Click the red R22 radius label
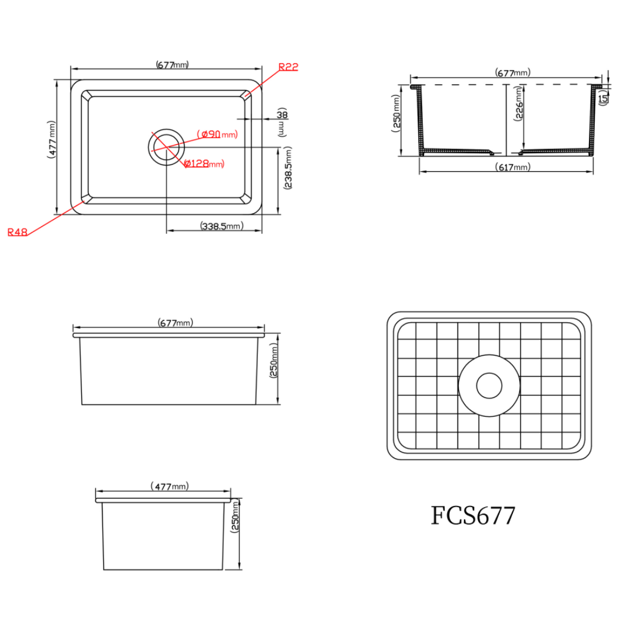tap(288, 67)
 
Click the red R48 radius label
tap(18, 232)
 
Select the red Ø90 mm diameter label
tap(218, 134)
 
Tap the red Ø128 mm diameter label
tap(204, 164)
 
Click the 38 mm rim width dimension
tap(281, 114)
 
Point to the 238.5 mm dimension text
tap(288, 169)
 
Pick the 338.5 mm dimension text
tap(221, 226)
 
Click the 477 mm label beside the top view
tap(52, 140)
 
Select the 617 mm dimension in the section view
tap(513, 167)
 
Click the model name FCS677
tap(473, 516)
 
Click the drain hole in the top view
tap(166, 146)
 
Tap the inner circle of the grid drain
tap(489, 385)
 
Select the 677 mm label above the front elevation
tap(175, 323)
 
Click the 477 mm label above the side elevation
tap(170, 486)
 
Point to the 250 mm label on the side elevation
tap(236, 516)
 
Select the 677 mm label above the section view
tap(513, 73)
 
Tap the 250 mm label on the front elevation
tap(273, 369)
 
